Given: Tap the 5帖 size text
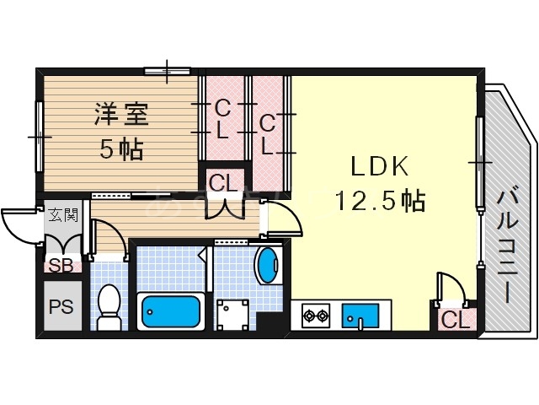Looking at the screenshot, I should point(121,150).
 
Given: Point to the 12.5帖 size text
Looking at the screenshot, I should point(379,201).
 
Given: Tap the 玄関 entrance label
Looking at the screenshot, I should point(61,215).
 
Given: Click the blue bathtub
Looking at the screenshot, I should point(171,312).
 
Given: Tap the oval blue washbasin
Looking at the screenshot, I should point(268,266).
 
